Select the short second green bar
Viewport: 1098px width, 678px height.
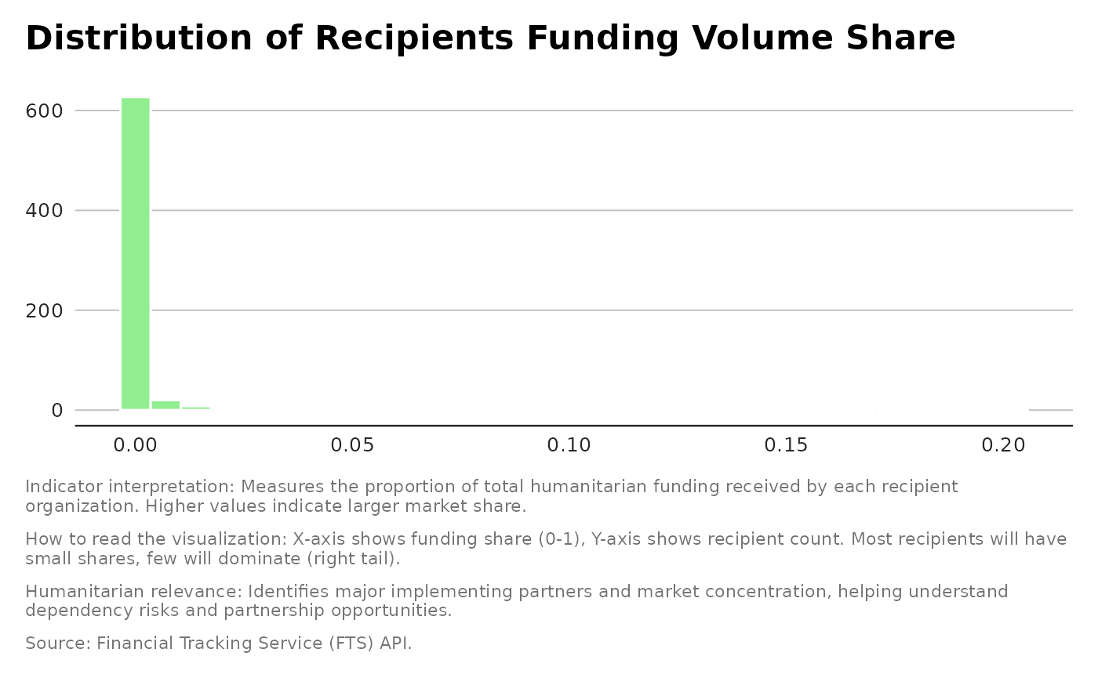pyautogui.click(x=165, y=404)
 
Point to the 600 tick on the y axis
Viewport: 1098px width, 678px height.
pyautogui.click(x=45, y=111)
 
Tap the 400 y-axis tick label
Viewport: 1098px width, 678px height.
pyautogui.click(x=45, y=211)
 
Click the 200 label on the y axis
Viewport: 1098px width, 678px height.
pyautogui.click(x=45, y=310)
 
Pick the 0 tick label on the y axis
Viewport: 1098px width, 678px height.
pyautogui.click(x=57, y=410)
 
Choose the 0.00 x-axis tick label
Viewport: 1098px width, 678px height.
pyautogui.click(x=135, y=445)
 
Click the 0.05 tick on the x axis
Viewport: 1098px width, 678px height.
pyautogui.click(x=351, y=445)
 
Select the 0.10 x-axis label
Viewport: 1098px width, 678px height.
pyautogui.click(x=569, y=445)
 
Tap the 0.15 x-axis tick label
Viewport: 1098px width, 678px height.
pyautogui.click(x=786, y=445)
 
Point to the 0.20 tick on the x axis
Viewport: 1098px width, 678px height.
pyautogui.click(x=1003, y=445)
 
